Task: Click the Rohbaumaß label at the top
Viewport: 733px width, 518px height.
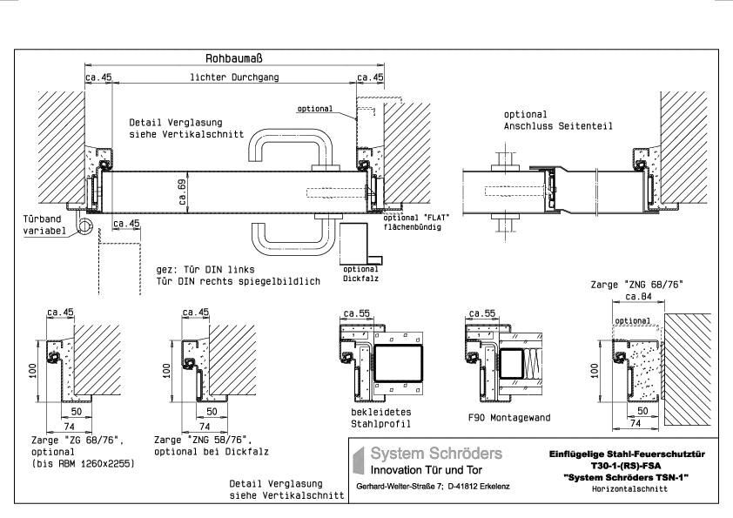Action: tap(234, 58)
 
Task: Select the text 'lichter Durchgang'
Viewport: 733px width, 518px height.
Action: tap(234, 77)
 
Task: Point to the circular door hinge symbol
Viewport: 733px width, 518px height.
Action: tap(86, 227)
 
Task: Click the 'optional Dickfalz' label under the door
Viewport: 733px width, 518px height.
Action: tap(360, 274)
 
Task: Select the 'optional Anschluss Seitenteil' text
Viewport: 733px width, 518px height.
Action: tap(557, 120)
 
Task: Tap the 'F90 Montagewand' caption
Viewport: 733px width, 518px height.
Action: tap(509, 418)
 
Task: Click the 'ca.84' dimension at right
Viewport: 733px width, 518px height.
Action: tap(640, 298)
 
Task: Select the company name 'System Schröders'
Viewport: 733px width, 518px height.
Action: tap(436, 454)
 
